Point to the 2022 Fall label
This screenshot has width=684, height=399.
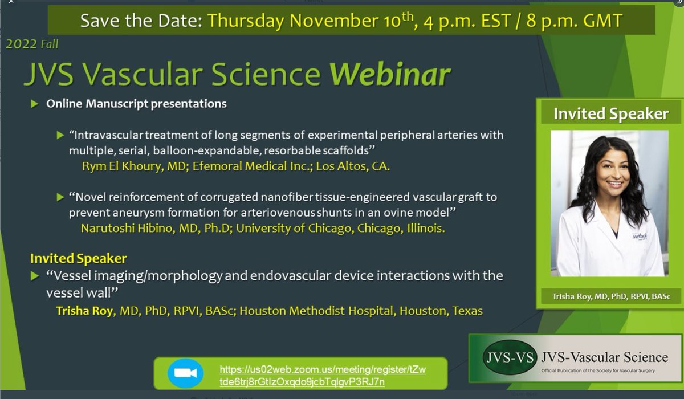[32, 44]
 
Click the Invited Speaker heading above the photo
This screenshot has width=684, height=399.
[610, 114]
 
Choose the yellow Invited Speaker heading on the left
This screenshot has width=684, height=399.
[79, 258]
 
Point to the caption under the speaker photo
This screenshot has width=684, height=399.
[610, 296]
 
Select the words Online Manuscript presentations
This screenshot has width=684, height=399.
[137, 104]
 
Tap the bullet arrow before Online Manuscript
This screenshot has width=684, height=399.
[35, 104]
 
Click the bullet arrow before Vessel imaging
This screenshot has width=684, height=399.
[35, 276]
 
